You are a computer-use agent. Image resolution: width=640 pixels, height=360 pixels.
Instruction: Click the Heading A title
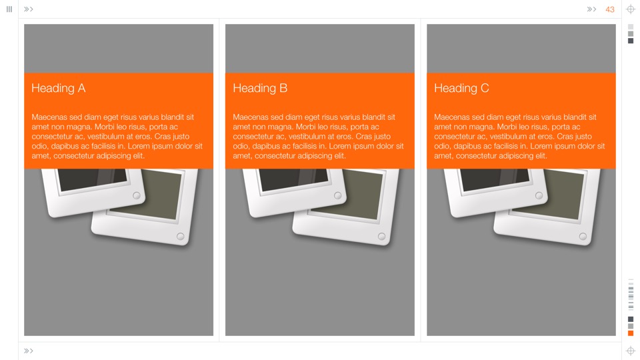tap(59, 88)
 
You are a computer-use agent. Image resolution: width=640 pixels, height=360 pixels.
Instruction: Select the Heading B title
tap(260, 88)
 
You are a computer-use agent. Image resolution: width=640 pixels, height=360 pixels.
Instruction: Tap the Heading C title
tap(461, 88)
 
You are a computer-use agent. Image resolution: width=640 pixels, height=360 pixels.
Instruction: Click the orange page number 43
tap(610, 9)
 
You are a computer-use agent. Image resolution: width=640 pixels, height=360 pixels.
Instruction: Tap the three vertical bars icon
tap(9, 9)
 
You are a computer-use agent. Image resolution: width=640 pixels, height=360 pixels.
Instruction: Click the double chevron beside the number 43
tap(591, 9)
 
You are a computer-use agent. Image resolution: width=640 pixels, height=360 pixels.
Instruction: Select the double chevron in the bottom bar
tap(29, 351)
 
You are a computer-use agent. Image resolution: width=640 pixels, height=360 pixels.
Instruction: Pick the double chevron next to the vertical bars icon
tap(29, 9)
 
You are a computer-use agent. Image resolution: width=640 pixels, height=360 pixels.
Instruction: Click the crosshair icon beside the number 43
tap(631, 9)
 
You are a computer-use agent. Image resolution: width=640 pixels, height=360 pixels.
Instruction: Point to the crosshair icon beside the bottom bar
tap(631, 351)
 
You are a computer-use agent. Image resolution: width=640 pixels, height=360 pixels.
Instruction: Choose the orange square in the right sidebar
tap(631, 333)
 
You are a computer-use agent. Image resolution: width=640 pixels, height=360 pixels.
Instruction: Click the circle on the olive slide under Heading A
tap(181, 236)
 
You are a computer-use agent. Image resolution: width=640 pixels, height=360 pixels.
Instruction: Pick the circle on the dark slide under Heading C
tap(539, 195)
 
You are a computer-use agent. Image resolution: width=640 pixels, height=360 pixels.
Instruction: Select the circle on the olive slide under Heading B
tap(381, 236)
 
